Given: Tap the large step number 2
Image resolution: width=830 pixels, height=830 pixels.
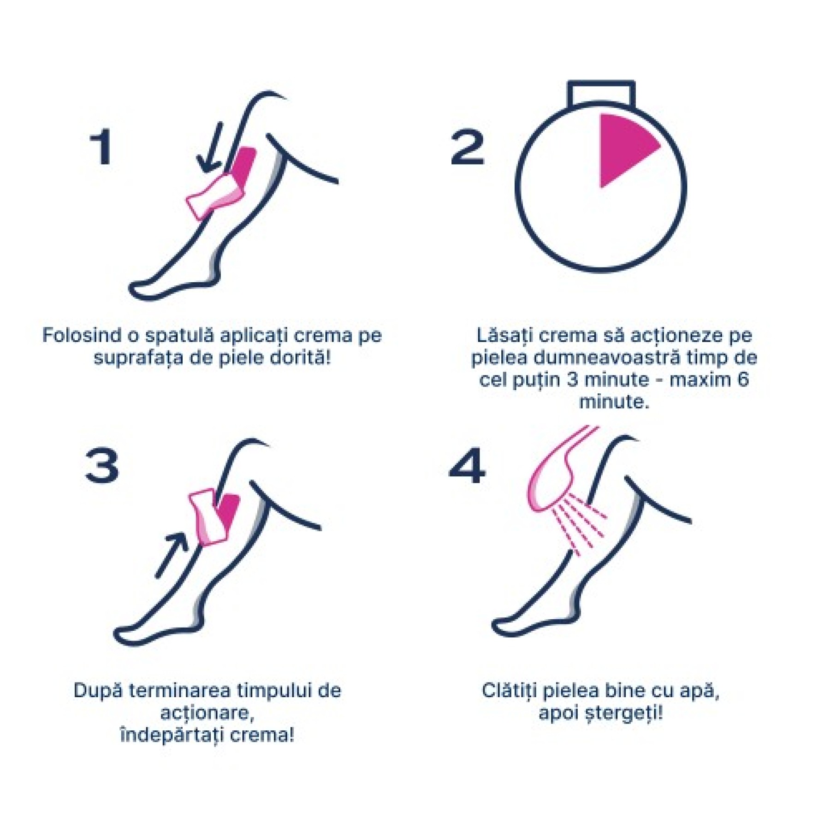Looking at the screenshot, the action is pos(467,147).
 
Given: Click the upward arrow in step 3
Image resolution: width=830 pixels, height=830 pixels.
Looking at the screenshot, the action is pos(172,555).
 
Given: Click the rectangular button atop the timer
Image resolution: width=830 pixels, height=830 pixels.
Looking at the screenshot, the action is pos(601,95).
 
